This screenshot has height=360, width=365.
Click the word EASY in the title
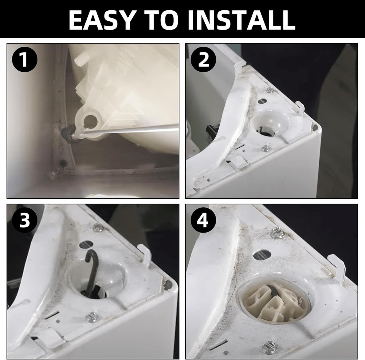click(102, 20)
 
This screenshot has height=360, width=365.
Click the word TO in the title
click(161, 20)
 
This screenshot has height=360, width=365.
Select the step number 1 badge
click(25, 60)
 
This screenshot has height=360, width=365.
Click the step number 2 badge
click(203, 60)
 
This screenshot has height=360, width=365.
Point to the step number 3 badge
click(25, 220)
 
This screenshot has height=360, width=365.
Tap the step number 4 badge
click(203, 220)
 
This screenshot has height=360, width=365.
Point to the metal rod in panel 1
click(126, 130)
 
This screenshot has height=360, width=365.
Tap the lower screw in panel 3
click(92, 317)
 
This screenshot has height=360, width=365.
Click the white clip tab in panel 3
click(145, 254)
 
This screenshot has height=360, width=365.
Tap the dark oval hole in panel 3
click(86, 244)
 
